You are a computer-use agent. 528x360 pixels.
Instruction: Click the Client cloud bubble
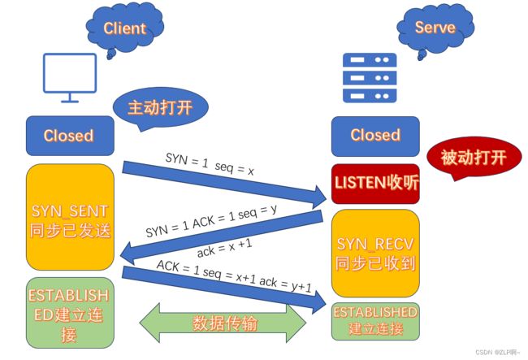(125, 28)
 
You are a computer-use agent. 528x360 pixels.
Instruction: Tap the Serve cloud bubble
(435, 28)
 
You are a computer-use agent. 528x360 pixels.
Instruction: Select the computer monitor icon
(70, 77)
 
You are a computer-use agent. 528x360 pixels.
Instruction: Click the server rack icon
(370, 78)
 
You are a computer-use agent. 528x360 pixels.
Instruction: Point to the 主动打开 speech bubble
(160, 108)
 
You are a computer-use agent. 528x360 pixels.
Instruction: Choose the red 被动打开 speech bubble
(474, 158)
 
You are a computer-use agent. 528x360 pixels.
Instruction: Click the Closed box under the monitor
(70, 136)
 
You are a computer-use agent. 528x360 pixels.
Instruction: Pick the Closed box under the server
(375, 136)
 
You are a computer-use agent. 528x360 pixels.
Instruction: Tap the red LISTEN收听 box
(375, 184)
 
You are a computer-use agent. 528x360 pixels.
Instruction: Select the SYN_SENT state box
(70, 217)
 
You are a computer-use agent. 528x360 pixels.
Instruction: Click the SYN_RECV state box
(375, 254)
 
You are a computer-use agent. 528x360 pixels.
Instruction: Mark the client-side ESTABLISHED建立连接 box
(70, 313)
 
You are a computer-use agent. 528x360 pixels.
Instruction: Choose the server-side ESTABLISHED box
(375, 321)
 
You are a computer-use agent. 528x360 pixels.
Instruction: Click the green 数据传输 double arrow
(223, 323)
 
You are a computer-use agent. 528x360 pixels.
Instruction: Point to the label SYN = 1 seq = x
(210, 164)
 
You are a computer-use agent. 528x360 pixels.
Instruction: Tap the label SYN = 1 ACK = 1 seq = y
(211, 221)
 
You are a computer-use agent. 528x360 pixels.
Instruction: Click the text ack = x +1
(224, 248)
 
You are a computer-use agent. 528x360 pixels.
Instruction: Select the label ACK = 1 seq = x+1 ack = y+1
(234, 275)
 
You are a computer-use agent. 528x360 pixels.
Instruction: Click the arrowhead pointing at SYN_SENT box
(128, 254)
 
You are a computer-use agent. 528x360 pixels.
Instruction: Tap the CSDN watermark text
(497, 352)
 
